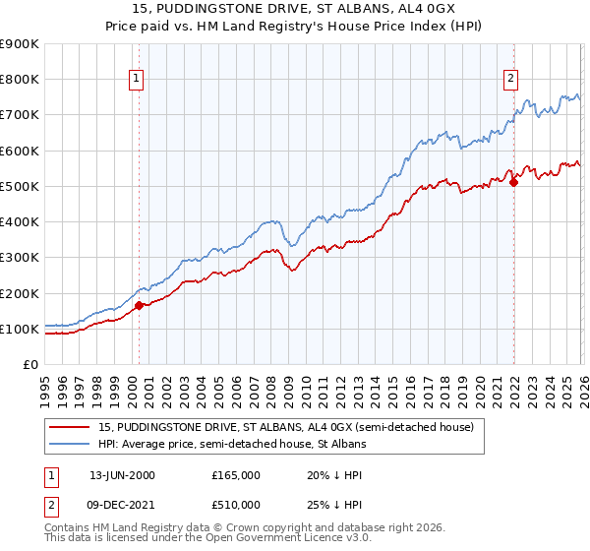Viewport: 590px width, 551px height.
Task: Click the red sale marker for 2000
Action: (x=139, y=305)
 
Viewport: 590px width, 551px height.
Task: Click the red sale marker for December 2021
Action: (x=512, y=182)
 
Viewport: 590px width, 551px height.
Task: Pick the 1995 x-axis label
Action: (x=44, y=387)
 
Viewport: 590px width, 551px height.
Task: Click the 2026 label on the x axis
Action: (x=581, y=387)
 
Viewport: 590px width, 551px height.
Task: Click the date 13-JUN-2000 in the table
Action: (x=122, y=474)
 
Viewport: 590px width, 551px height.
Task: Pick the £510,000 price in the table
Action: (x=235, y=505)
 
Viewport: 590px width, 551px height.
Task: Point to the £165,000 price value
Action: (x=235, y=474)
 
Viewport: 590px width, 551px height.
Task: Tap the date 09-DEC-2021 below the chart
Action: (x=122, y=505)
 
